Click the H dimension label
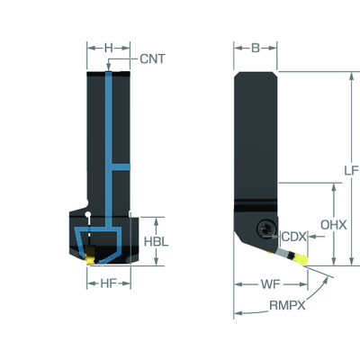click(109, 48)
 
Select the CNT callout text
click(152, 58)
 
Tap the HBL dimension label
click(156, 241)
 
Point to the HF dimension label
click(108, 283)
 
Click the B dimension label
click(256, 48)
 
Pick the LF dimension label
click(351, 171)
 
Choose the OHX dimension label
click(334, 225)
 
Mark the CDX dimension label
click(293, 237)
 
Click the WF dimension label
click(270, 283)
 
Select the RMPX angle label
click(287, 305)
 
